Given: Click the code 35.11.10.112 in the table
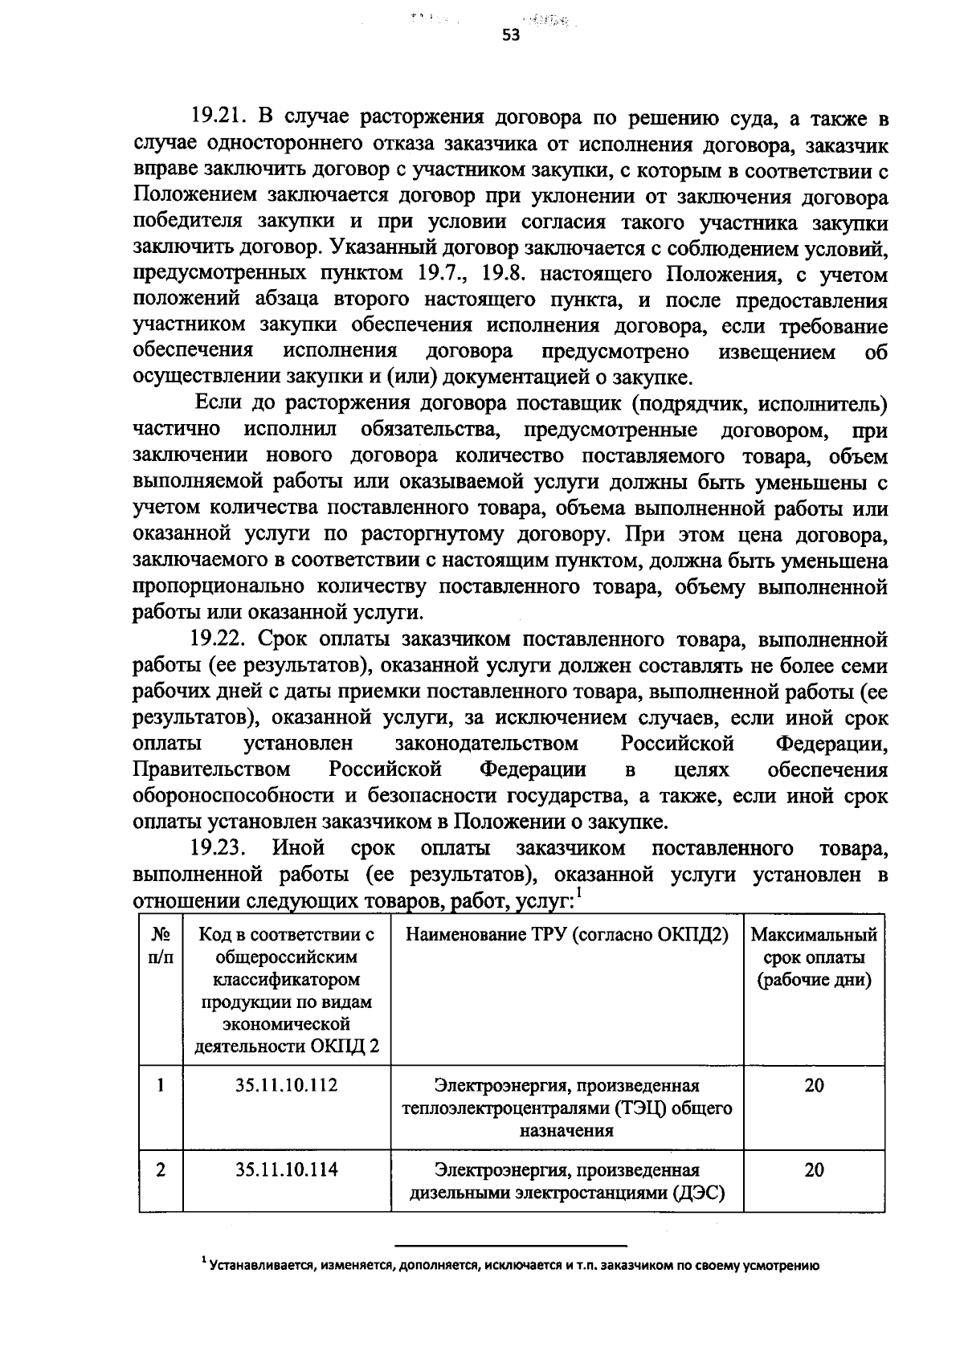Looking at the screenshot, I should (x=287, y=1086).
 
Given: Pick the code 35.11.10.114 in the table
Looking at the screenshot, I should (x=287, y=1170).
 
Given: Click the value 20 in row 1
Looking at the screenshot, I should (x=814, y=1086).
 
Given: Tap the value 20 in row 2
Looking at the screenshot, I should (x=814, y=1170).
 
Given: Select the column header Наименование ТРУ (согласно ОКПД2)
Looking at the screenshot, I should (x=567, y=935).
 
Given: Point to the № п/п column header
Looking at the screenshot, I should (x=161, y=946).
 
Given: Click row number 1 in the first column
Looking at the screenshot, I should (x=161, y=1086).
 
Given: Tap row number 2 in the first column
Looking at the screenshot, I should (x=161, y=1170).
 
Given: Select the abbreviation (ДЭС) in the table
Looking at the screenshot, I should (x=699, y=1194).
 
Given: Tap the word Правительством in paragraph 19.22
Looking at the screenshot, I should (x=211, y=769).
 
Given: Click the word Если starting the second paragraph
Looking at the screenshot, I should (x=213, y=404).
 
